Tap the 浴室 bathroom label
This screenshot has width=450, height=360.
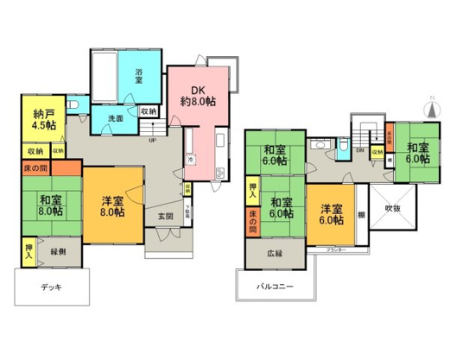point(138,77)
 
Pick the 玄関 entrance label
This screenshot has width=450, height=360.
point(164,216)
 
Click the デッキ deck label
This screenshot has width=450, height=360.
point(53,286)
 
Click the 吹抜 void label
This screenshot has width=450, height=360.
point(395,208)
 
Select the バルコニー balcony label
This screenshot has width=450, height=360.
point(276,286)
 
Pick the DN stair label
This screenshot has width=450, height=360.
point(361,151)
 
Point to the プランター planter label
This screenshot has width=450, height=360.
point(336,250)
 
